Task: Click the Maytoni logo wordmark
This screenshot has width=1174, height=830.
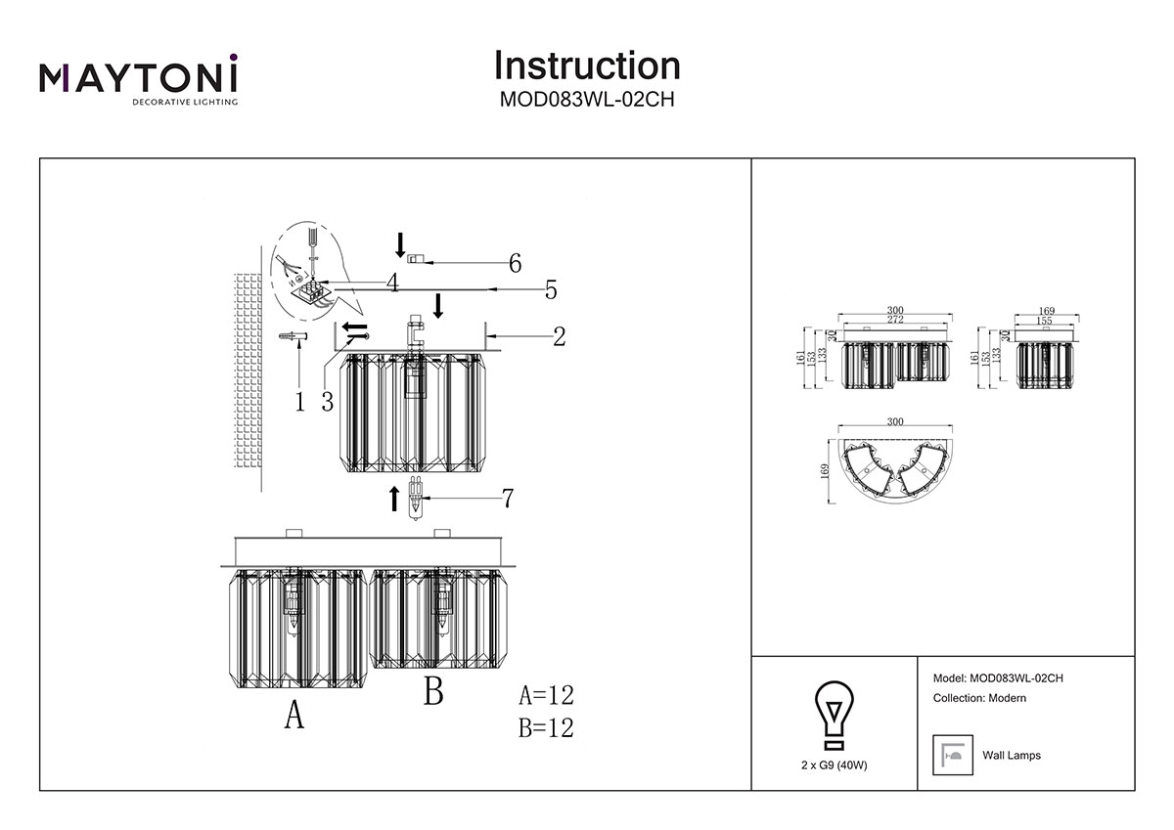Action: [x=137, y=76]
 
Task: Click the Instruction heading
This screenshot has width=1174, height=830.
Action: [x=587, y=66]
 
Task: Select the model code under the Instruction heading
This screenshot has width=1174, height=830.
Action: [x=587, y=99]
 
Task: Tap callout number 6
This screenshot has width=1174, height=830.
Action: [x=514, y=263]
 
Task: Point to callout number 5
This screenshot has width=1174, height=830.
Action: [x=551, y=290]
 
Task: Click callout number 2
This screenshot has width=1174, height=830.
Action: [x=559, y=337]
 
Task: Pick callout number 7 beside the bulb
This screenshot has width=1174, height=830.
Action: [x=507, y=499]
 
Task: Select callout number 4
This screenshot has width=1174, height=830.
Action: [x=391, y=284]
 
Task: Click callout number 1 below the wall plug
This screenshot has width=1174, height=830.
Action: [x=300, y=402]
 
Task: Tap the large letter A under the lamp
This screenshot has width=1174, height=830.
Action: [x=293, y=717]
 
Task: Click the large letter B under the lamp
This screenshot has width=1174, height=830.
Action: [x=433, y=692]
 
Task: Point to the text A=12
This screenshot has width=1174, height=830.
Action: [x=546, y=696]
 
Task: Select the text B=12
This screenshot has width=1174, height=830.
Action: [x=546, y=728]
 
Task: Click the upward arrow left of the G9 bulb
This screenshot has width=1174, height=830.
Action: [x=394, y=498]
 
